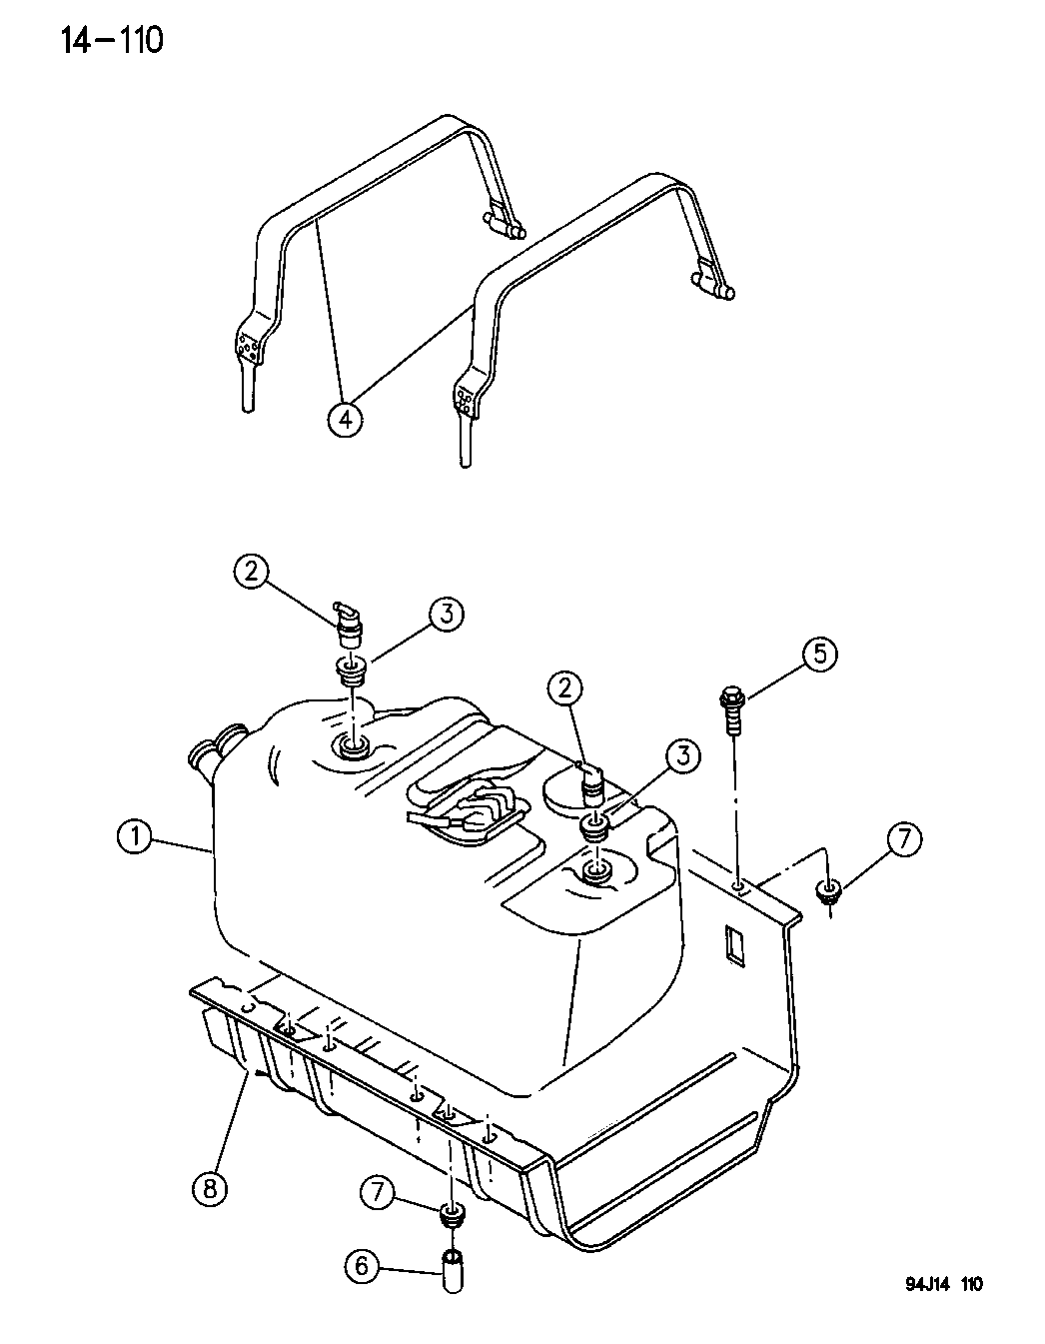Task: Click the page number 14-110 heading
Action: point(112,41)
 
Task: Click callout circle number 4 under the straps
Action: point(345,419)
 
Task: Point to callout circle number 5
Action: point(820,655)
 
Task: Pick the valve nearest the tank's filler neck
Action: point(349,626)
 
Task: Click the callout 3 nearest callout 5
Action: point(682,757)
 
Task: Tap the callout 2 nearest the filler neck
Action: point(251,572)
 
